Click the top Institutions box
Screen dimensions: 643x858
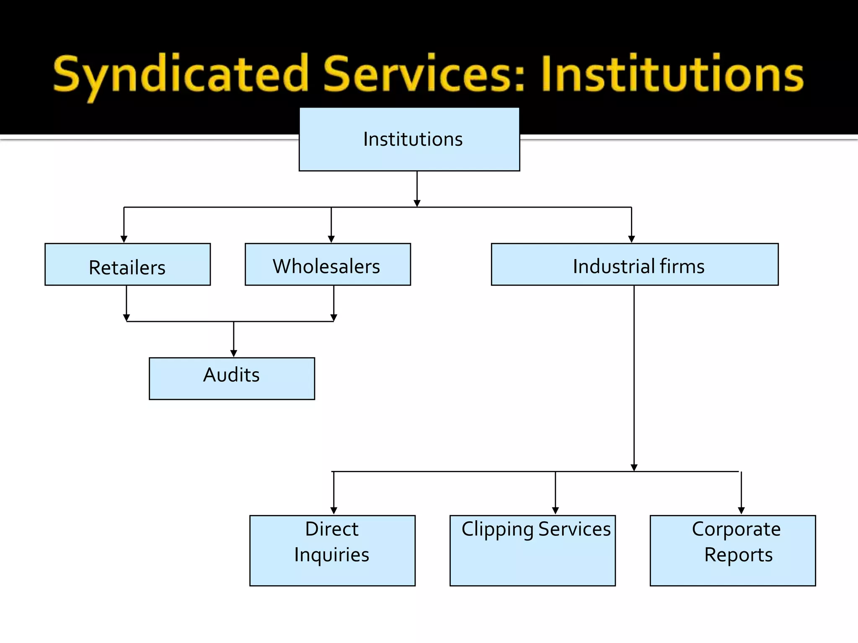tap(409, 139)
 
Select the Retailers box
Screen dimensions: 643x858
tap(127, 265)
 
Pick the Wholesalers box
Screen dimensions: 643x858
tap(328, 265)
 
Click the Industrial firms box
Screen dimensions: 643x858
tap(635, 265)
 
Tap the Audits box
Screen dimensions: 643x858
tap(232, 379)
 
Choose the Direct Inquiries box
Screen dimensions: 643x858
tap(332, 550)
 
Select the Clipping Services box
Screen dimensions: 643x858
tap(532, 550)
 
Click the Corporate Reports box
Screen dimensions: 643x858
tap(733, 550)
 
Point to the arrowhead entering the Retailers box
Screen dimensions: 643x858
tap(124, 239)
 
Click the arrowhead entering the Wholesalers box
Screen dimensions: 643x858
tap(331, 239)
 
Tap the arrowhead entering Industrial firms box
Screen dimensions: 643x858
tap(632, 239)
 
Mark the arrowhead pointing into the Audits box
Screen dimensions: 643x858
tap(234, 353)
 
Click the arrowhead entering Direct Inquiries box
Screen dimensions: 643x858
tap(334, 511)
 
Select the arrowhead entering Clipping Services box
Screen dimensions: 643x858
tap(556, 511)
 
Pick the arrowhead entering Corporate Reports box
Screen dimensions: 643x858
tap(742, 511)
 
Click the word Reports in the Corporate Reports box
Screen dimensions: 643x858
tap(738, 555)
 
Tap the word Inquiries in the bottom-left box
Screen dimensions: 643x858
tap(331, 555)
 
